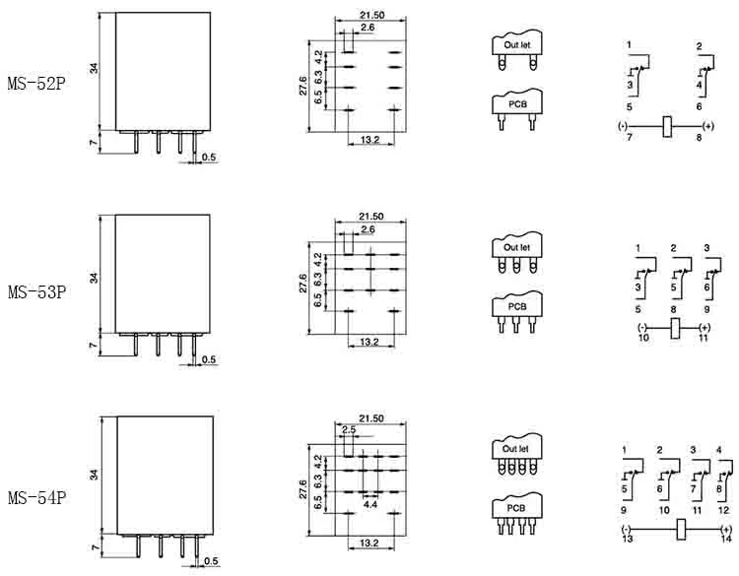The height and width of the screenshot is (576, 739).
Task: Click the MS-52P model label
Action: pyautogui.click(x=36, y=84)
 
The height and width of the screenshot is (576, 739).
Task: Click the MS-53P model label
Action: pyautogui.click(x=36, y=292)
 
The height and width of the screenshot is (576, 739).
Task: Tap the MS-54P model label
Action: pyautogui.click(x=36, y=497)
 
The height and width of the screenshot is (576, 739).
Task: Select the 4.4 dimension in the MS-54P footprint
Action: pyautogui.click(x=369, y=504)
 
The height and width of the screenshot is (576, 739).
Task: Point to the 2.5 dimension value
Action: pyautogui.click(x=349, y=429)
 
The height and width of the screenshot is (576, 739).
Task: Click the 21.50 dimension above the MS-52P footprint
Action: pyautogui.click(x=371, y=15)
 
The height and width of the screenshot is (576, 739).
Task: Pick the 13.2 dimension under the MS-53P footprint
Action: pyautogui.click(x=369, y=342)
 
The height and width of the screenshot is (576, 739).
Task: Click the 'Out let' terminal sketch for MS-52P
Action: pyautogui.click(x=517, y=50)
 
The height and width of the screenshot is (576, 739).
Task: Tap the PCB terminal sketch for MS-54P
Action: pyautogui.click(x=516, y=513)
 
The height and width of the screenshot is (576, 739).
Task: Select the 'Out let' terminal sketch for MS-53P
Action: pyautogui.click(x=517, y=252)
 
